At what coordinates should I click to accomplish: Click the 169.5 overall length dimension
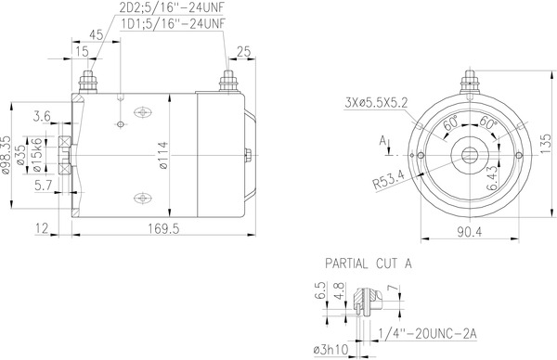coord(163,228)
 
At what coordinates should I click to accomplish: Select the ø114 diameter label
coord(163,156)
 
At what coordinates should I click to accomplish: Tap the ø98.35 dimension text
coord(6,155)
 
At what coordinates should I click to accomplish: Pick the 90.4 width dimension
coord(469,232)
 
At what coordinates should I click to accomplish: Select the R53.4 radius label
coord(389,179)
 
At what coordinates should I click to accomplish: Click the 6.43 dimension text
coord(492,178)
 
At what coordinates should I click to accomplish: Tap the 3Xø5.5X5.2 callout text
coord(376,103)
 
